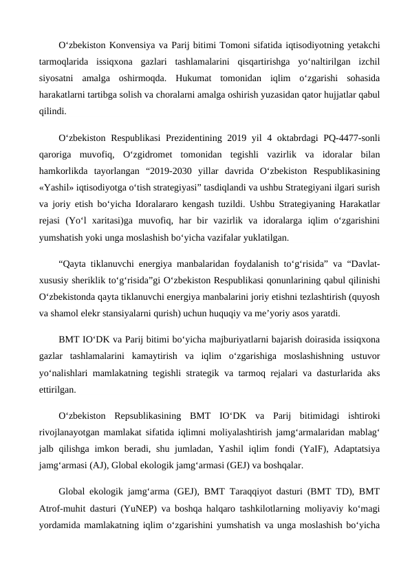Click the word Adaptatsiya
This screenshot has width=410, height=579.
(x=358, y=449)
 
